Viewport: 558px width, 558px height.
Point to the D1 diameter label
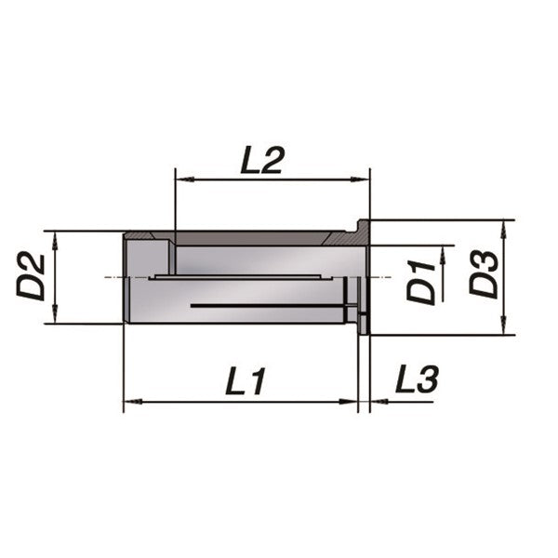[423, 282]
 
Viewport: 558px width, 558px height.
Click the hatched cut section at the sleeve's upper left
[149, 236]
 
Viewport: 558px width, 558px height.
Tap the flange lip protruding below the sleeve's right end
[364, 326]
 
